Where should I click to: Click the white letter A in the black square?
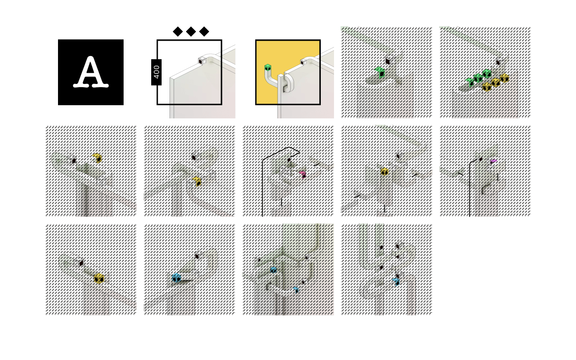point(91,72)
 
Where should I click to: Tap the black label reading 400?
point(156,72)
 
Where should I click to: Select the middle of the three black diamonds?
point(191,32)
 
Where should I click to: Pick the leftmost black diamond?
point(178,32)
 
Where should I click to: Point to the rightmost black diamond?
point(204,32)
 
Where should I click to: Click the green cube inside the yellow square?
point(268,68)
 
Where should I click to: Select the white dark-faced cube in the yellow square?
point(304,62)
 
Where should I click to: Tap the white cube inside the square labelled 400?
point(202,61)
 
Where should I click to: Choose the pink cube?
point(303,174)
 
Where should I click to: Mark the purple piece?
point(494,161)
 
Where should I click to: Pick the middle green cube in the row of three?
point(478,78)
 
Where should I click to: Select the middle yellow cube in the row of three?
point(496,83)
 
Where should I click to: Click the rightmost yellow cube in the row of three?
point(504,78)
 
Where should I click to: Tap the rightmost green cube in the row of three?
point(487,73)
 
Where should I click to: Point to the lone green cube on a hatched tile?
point(380,72)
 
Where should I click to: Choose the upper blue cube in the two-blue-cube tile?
point(273,270)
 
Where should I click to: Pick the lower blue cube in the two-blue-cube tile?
point(296,290)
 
